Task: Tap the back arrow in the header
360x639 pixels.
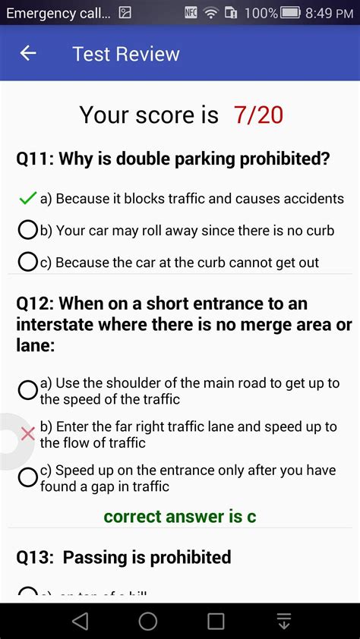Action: click(x=28, y=53)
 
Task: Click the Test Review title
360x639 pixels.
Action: click(x=126, y=54)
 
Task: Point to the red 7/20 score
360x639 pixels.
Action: click(x=258, y=115)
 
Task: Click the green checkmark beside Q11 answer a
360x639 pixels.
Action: click(x=28, y=198)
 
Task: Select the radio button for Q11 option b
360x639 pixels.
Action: click(x=28, y=229)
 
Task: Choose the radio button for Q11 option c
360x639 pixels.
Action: click(x=28, y=262)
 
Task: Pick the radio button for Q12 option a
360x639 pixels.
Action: click(x=28, y=390)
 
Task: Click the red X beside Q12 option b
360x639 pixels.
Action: click(x=28, y=433)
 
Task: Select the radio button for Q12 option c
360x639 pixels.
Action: click(x=28, y=477)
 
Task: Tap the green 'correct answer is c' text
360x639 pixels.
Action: click(x=180, y=517)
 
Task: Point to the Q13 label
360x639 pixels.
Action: click(x=35, y=557)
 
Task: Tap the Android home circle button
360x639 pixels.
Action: click(x=148, y=622)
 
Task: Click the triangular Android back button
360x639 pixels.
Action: click(x=80, y=622)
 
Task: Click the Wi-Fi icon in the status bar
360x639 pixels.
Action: click(x=210, y=13)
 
